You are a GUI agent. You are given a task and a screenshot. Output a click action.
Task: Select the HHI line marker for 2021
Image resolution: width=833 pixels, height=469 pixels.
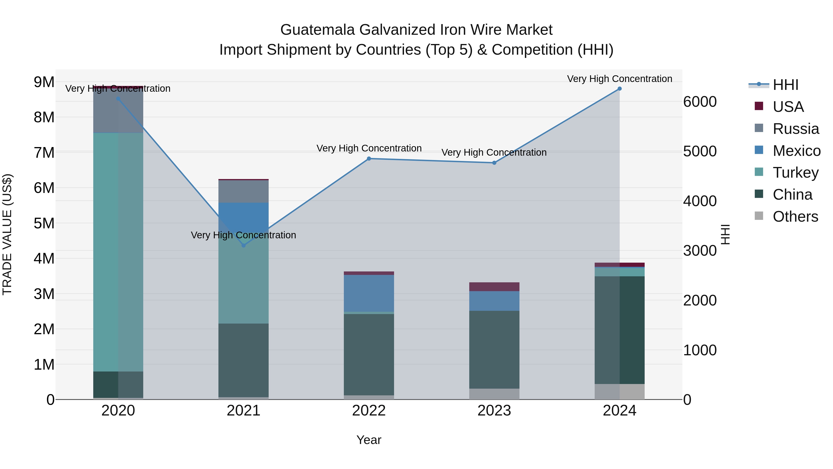(x=243, y=245)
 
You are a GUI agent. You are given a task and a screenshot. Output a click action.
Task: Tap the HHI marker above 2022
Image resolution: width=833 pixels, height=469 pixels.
(x=369, y=159)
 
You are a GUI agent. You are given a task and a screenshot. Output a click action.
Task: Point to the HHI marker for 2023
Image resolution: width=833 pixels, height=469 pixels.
(x=494, y=163)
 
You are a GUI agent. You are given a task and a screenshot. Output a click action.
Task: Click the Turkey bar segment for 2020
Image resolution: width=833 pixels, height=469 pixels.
(x=118, y=252)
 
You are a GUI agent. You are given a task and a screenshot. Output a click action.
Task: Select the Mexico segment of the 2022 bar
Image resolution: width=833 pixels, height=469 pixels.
(x=369, y=293)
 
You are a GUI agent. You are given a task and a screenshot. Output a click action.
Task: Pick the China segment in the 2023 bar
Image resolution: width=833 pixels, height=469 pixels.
(x=494, y=349)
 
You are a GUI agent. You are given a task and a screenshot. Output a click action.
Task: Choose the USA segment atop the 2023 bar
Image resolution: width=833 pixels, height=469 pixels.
(x=494, y=287)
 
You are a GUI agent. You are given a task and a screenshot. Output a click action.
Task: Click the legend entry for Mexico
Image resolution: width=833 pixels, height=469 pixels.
(x=796, y=151)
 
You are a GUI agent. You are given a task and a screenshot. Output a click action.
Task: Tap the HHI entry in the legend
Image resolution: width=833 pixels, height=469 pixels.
(x=785, y=85)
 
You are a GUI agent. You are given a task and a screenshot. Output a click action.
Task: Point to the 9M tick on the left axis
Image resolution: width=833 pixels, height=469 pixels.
(x=44, y=82)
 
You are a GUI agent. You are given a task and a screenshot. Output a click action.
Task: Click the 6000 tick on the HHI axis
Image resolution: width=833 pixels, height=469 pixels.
(x=700, y=102)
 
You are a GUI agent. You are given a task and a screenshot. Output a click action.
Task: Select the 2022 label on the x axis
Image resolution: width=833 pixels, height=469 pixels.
(x=369, y=411)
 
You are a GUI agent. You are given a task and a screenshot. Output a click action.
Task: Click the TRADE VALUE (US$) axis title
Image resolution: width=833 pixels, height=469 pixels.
(x=7, y=234)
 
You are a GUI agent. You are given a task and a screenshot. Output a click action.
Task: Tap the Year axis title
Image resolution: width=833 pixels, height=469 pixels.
(x=369, y=440)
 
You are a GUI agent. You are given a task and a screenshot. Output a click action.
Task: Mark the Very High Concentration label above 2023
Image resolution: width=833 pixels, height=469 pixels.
(x=494, y=152)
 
